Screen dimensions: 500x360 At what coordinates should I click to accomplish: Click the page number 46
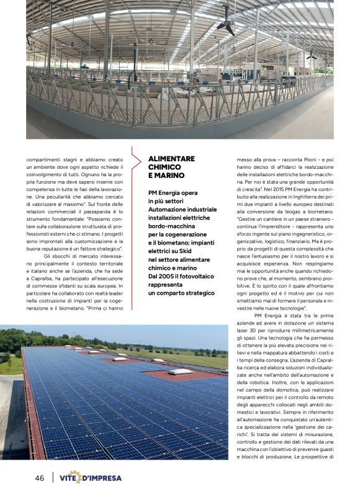tap(39, 478)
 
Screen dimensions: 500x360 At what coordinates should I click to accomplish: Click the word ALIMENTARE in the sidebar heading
tap(171, 159)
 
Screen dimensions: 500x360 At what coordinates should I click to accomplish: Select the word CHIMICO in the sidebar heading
tap(164, 167)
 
